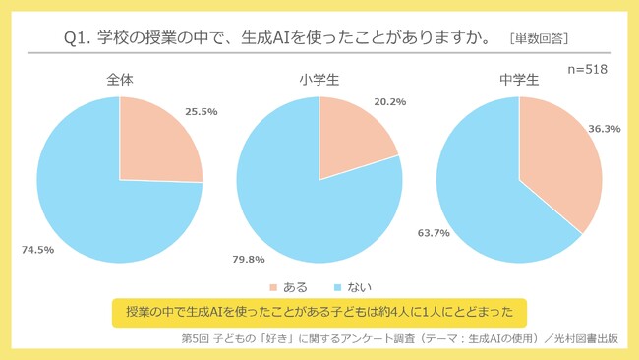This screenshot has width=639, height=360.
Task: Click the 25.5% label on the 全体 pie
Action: click(202, 113)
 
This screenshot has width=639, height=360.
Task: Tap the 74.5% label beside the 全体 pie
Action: click(37, 250)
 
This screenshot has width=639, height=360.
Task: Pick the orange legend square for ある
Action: click(274, 287)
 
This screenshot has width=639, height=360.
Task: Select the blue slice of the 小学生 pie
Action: click(295, 207)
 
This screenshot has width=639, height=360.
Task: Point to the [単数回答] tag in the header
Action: click(540, 38)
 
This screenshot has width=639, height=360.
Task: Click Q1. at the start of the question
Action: click(79, 37)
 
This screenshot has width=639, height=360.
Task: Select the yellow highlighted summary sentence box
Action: click(319, 313)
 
